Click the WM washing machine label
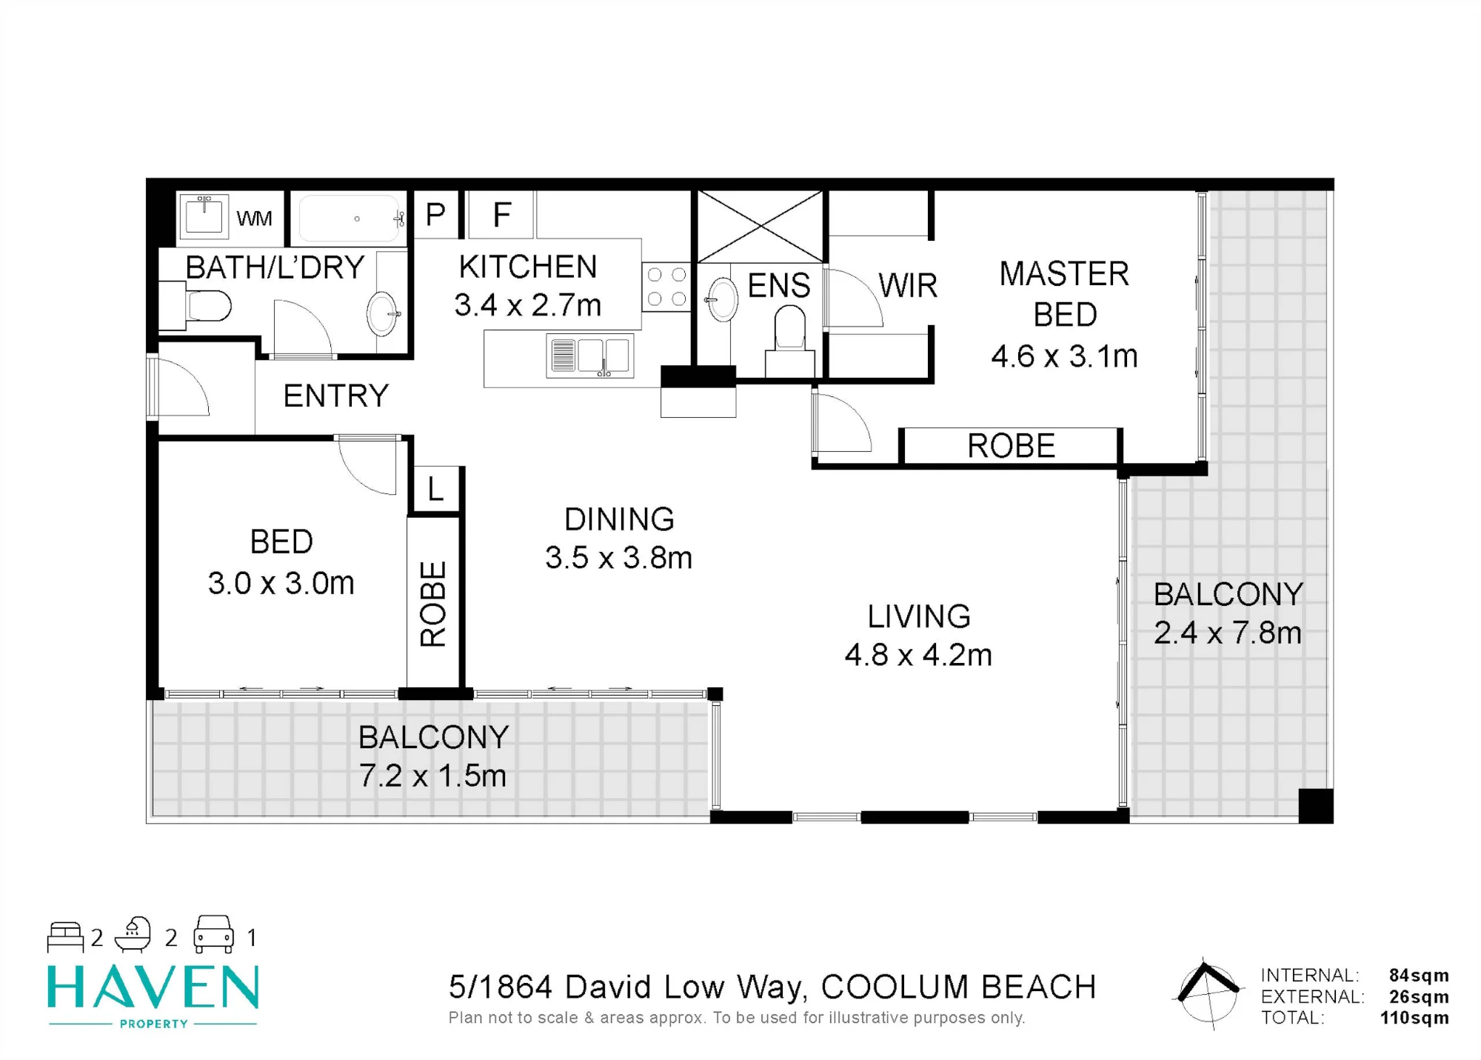click(x=254, y=219)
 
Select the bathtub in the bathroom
click(x=350, y=219)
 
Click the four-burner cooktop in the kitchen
click(x=666, y=287)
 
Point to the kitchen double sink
click(x=590, y=356)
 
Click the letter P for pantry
click(x=435, y=215)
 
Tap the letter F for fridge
click(x=502, y=215)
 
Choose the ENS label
click(x=779, y=285)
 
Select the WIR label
click(x=908, y=285)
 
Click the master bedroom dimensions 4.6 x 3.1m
click(x=1064, y=356)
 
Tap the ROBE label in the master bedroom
click(x=1011, y=446)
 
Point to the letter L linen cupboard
click(x=435, y=489)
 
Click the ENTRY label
click(x=336, y=396)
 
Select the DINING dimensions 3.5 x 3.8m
click(x=619, y=558)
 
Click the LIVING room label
click(x=919, y=616)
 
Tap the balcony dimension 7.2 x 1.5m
click(x=433, y=776)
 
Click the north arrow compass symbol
click(x=1207, y=991)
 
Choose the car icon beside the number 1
click(x=213, y=935)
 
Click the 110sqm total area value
click(x=1414, y=1018)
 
